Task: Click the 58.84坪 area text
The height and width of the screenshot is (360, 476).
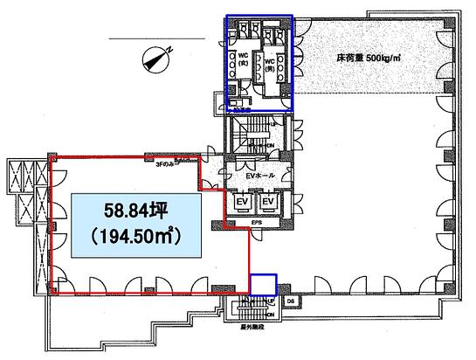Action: click(135, 212)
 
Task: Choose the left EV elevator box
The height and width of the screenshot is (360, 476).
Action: click(241, 203)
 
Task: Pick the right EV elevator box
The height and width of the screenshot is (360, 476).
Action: click(270, 203)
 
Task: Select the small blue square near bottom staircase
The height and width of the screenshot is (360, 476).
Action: click(263, 285)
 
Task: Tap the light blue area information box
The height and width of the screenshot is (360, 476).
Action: click(135, 225)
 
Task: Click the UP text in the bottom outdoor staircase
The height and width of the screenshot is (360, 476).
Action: click(272, 301)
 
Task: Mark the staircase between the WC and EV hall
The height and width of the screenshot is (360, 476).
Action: click(254, 135)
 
